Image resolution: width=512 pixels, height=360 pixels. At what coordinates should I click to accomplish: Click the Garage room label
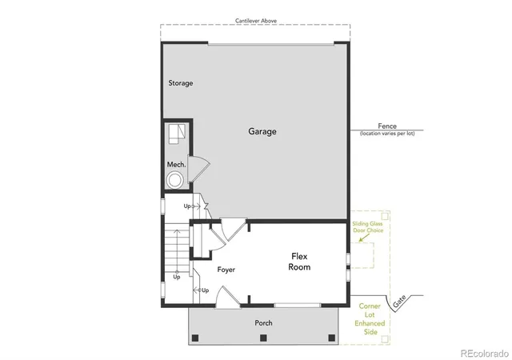point(262,131)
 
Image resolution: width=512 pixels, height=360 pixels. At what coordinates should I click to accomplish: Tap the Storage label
point(181,83)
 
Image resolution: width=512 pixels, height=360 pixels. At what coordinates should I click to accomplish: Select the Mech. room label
point(176,164)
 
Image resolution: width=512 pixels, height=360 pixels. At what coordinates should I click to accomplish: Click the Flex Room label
point(299,262)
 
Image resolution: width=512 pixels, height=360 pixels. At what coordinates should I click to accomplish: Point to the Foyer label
point(226,270)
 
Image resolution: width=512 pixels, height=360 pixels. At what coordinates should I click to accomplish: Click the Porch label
point(263,322)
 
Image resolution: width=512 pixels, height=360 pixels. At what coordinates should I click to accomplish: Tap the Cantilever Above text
point(256,21)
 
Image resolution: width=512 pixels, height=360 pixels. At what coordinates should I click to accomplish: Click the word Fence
point(387,126)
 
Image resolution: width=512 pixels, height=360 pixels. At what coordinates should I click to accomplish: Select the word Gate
point(399,301)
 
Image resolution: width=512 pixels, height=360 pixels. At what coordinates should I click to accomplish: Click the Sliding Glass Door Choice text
point(368,227)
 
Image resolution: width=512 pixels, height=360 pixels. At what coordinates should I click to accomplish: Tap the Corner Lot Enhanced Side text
point(370,319)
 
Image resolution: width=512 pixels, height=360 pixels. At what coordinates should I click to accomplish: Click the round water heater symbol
point(174,180)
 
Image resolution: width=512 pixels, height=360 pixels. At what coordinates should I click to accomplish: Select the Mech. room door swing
point(198,168)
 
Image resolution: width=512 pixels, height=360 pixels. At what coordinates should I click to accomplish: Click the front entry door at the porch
point(227,297)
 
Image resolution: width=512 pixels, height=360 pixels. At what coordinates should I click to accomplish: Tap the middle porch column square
point(263,338)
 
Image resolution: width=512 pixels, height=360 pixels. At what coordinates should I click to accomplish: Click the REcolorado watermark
point(485,353)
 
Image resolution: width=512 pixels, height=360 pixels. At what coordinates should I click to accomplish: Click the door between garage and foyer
point(234,230)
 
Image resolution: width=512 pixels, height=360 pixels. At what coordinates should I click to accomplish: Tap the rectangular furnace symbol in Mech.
point(177,134)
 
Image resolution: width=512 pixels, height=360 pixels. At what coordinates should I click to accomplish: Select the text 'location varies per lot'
point(387,134)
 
